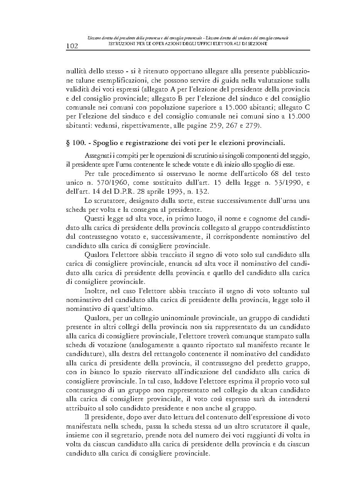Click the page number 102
[x=72, y=46]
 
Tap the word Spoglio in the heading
[x=106, y=143]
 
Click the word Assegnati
[x=97, y=155]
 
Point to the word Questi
[x=93, y=219]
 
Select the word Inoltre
[x=95, y=291]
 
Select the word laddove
[x=208, y=381]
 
